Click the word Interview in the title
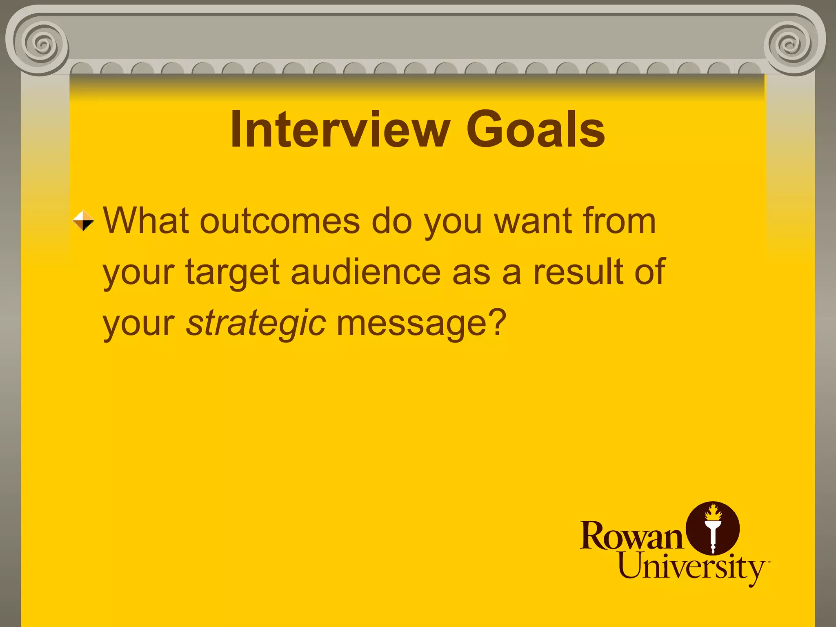coord(340,130)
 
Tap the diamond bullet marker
coord(83,220)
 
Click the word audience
coord(366,272)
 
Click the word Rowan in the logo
coord(631,536)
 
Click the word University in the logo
coord(691,567)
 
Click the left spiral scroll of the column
coord(41,43)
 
